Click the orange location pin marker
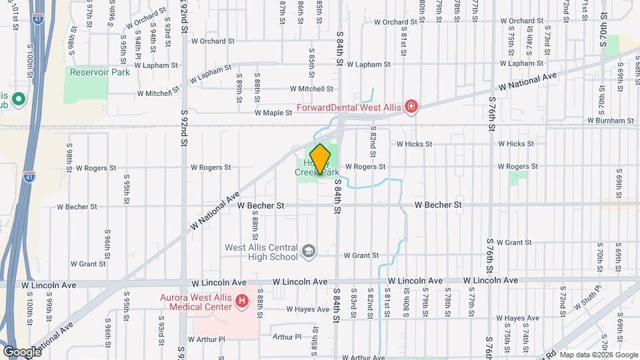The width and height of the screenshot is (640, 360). point(320,159)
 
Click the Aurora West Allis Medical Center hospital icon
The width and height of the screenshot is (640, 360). point(241,303)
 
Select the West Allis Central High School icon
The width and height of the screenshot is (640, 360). point(309,251)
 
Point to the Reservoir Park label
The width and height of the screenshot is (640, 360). point(100,72)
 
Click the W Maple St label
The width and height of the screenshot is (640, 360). point(273,113)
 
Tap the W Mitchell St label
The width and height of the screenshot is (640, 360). point(311,89)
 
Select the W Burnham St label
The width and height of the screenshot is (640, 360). point(610,121)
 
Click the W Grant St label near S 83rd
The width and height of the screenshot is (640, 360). point(361,255)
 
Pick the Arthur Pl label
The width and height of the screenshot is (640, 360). point(287,337)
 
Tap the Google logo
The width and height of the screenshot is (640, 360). point(22,352)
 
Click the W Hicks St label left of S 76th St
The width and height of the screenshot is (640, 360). point(415,143)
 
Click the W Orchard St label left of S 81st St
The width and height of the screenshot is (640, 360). point(395,22)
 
